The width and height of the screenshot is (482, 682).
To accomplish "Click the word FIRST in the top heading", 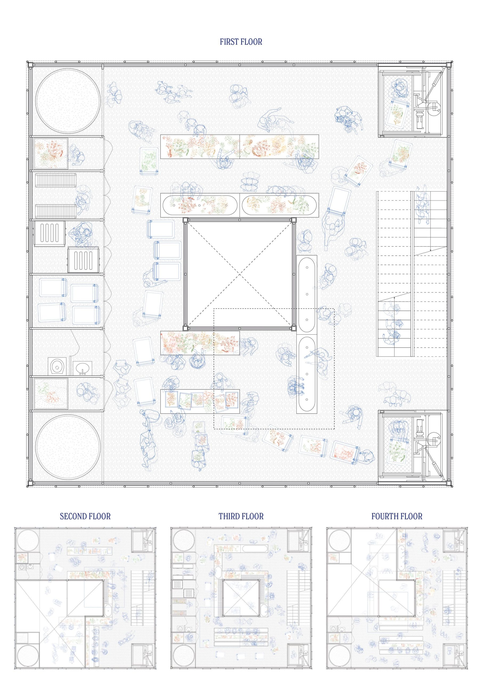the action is pyautogui.click(x=230, y=42).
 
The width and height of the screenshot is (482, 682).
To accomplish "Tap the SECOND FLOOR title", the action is pyautogui.click(x=85, y=516).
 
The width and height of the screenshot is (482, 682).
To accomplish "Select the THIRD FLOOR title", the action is pyautogui.click(x=241, y=516).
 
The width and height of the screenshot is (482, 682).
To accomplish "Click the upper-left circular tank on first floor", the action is pyautogui.click(x=68, y=101).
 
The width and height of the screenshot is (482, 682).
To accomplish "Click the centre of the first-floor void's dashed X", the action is pyautogui.click(x=240, y=274).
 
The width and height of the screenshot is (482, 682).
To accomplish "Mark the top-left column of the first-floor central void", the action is pyautogui.click(x=185, y=220).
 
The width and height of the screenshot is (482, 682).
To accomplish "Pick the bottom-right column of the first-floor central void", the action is pyautogui.click(x=294, y=328).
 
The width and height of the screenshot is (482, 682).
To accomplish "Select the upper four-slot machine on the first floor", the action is pyautogui.click(x=49, y=233).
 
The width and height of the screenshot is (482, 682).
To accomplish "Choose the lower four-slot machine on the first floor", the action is pyautogui.click(x=83, y=260).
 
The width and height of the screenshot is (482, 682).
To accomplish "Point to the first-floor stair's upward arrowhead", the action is pyautogui.click(x=394, y=298).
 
